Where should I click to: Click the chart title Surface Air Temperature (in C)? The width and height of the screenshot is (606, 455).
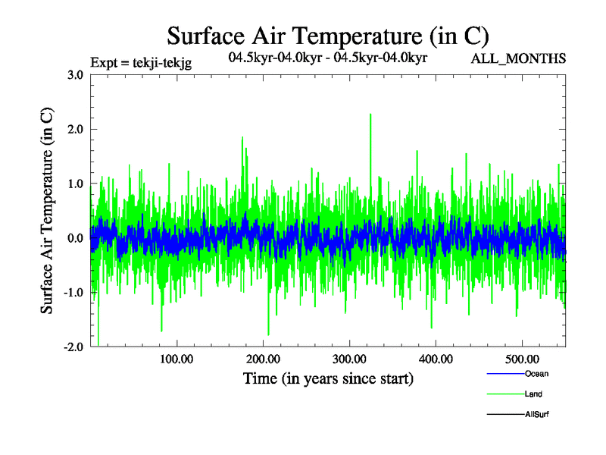(327, 36)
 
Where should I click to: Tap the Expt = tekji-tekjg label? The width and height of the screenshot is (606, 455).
(140, 64)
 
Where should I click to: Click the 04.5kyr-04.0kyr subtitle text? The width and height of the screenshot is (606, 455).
(327, 58)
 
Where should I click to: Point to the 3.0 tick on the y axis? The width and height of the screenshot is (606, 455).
(75, 74)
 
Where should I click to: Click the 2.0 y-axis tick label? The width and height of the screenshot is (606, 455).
(75, 129)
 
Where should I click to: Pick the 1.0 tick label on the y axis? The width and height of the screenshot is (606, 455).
(75, 184)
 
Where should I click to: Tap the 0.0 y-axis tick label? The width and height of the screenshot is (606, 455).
(75, 238)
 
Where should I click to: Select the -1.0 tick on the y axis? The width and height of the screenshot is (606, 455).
(73, 293)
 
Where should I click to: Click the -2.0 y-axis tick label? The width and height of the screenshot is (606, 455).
(73, 347)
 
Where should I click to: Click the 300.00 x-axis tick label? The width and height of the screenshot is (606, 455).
(349, 359)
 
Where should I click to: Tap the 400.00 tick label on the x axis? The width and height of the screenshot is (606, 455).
(436, 359)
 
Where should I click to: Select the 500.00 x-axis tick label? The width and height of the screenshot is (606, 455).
(522, 359)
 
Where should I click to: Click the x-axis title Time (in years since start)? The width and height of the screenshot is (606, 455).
(328, 378)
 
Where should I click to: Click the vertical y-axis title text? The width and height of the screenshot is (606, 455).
(47, 211)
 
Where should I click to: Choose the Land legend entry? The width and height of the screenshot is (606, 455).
(533, 394)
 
